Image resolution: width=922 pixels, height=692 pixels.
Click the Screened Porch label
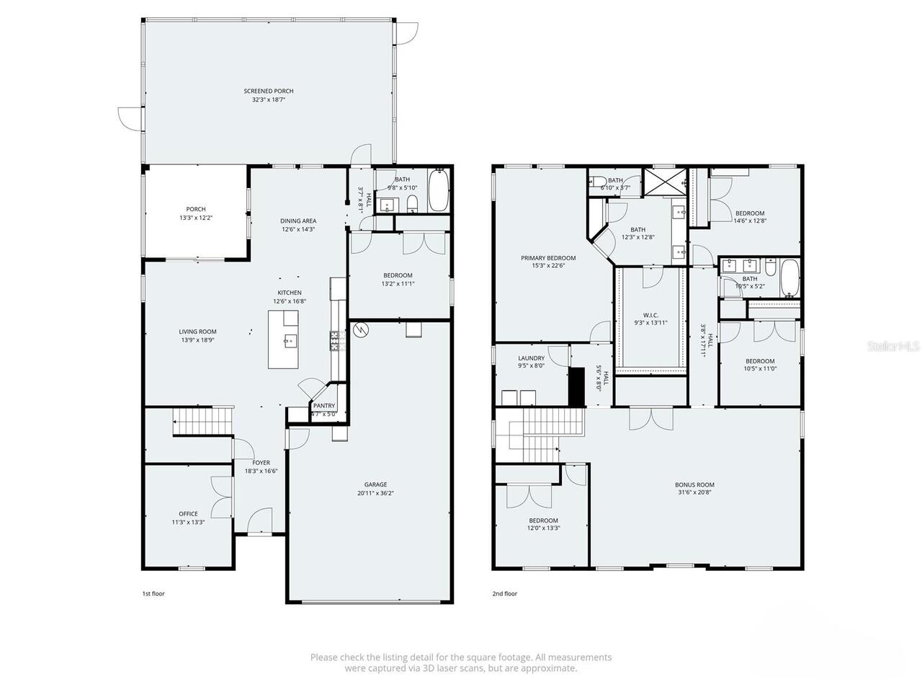(x=268, y=92)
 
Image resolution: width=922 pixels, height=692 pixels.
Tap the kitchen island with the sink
(x=283, y=339)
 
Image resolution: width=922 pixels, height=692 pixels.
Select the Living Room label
(x=197, y=332)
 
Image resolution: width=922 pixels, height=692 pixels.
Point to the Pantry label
(x=323, y=406)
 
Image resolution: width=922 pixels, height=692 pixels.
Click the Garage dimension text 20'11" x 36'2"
(x=375, y=494)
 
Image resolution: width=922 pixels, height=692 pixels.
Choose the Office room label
(x=188, y=514)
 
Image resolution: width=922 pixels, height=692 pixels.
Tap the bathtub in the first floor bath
(x=438, y=190)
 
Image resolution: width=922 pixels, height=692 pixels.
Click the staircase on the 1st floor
(x=203, y=421)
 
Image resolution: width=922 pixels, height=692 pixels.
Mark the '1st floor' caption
(x=153, y=594)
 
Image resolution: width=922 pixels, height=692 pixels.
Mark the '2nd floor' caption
(x=505, y=594)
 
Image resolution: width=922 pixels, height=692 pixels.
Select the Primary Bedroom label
(x=548, y=258)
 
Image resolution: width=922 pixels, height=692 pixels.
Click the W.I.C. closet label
(x=650, y=315)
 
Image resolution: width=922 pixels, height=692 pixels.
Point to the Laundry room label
(x=531, y=358)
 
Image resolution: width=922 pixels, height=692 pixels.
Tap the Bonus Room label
(x=694, y=485)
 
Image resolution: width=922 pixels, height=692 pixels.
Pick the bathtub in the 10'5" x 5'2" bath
(x=789, y=279)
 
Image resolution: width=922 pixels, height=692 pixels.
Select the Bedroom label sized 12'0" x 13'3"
(x=543, y=520)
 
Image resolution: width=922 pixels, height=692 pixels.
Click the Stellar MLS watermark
(x=893, y=347)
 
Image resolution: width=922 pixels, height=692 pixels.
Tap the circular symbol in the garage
(x=361, y=330)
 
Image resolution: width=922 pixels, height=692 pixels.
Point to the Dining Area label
(x=298, y=221)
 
